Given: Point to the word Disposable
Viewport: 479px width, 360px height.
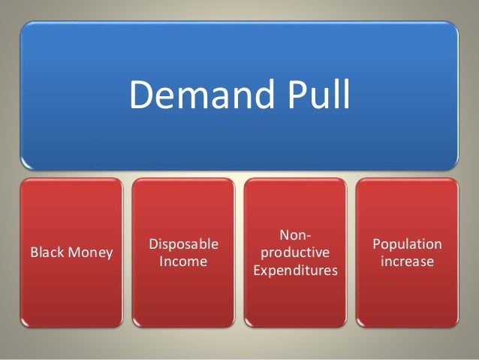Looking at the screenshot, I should [184, 244].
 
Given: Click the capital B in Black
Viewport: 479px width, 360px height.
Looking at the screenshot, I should [32, 253].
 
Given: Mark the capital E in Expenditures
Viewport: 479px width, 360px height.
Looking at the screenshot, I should [257, 270].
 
